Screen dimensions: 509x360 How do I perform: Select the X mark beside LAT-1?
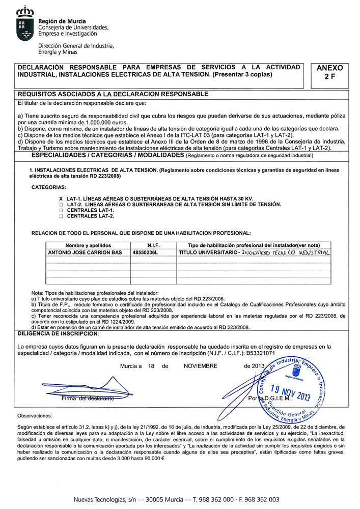click(x=61, y=197)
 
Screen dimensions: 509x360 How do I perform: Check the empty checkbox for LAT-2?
click(x=61, y=204)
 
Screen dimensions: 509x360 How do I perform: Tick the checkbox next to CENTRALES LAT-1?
click(x=61, y=210)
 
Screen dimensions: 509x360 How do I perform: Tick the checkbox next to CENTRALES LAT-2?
click(x=61, y=216)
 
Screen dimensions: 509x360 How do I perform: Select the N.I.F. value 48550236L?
click(x=146, y=252)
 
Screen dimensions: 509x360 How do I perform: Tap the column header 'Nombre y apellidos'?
click(x=88, y=245)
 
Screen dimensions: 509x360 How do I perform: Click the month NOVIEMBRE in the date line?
click(x=200, y=366)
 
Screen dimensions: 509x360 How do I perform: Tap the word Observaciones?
click(x=35, y=416)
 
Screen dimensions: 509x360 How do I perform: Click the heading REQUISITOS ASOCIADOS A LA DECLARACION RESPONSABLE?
click(x=113, y=94)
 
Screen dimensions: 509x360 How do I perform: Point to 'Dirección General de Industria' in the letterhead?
click(x=76, y=46)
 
